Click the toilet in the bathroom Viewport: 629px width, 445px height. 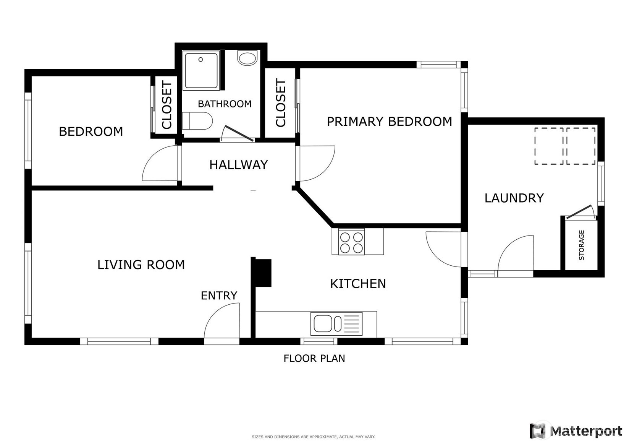[197, 121]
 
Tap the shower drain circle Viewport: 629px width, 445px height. [201, 60]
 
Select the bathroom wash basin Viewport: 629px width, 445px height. [247, 58]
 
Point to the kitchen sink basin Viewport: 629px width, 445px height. [323, 323]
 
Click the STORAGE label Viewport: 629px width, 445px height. [581, 245]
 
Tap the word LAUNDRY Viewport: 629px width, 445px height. [514, 198]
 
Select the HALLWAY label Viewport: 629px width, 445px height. [238, 165]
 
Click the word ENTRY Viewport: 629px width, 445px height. [219, 296]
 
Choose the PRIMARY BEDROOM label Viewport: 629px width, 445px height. [390, 122]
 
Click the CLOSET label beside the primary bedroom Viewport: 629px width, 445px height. [281, 102]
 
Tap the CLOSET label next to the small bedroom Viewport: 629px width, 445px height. [167, 105]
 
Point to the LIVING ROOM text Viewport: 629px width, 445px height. [141, 265]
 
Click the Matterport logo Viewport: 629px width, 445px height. [576, 431]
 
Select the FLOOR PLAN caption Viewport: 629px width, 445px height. [314, 359]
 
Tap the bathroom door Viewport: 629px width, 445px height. [238, 133]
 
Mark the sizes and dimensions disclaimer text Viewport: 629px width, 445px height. [314, 437]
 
